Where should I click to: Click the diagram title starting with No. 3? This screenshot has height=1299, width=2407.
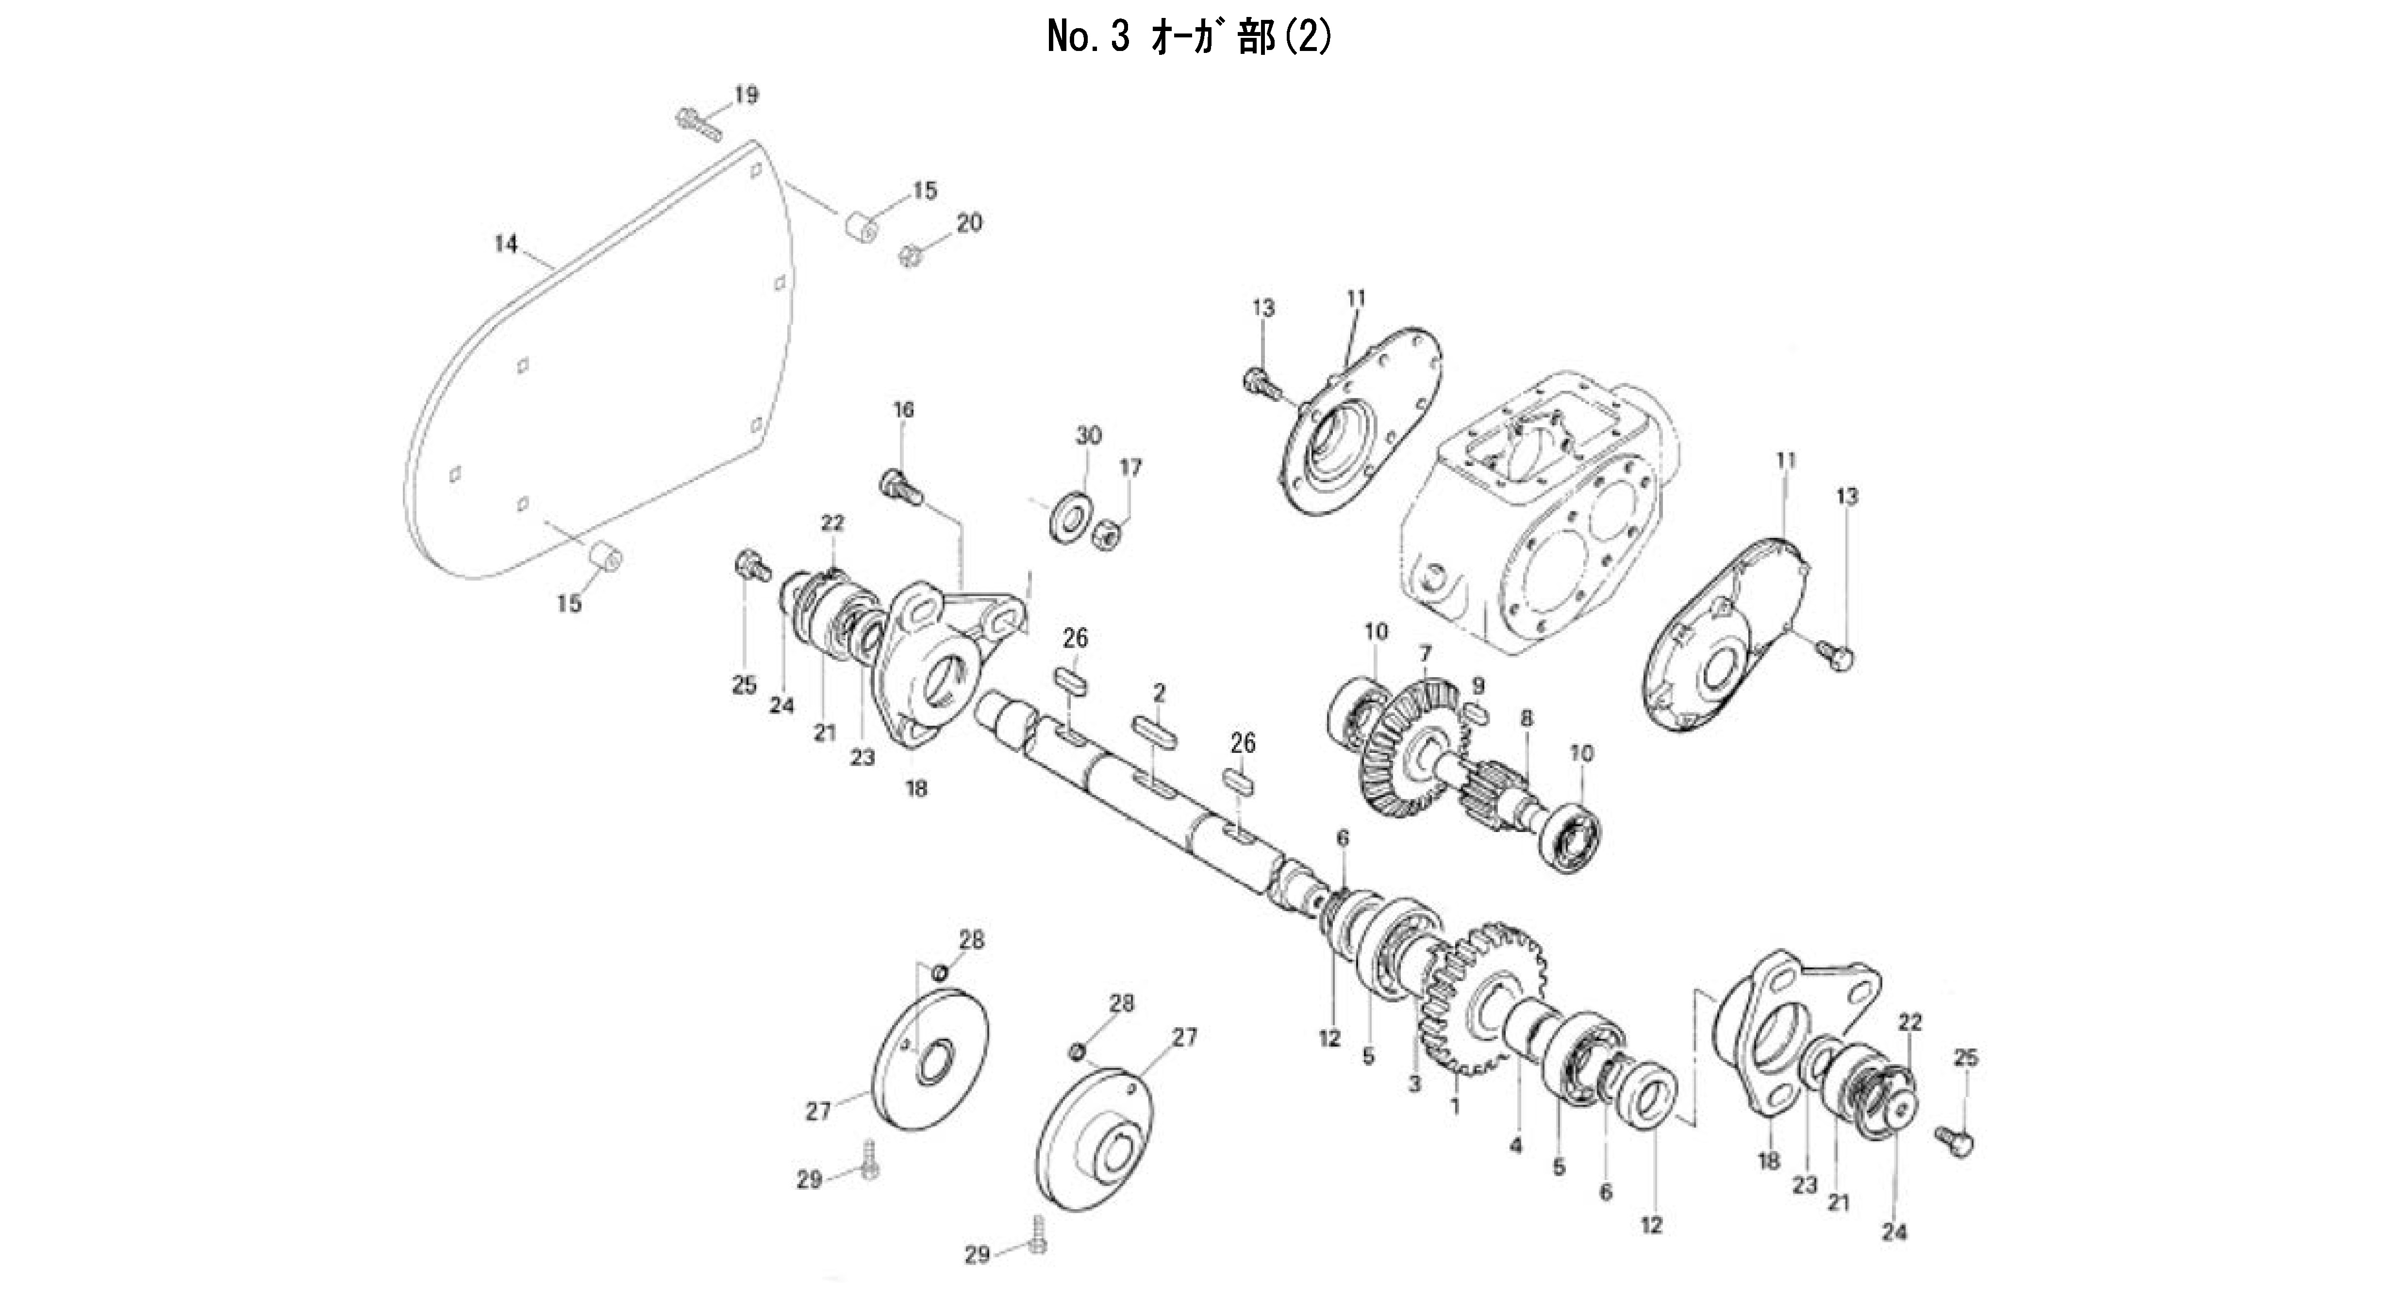pyautogui.click(x=1190, y=37)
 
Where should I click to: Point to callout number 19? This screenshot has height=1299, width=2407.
pyautogui.click(x=746, y=94)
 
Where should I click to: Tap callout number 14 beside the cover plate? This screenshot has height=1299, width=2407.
pyautogui.click(x=505, y=244)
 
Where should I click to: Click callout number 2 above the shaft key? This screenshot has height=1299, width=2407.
pyautogui.click(x=1160, y=693)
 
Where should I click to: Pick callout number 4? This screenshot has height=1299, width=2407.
pyautogui.click(x=1515, y=1145)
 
